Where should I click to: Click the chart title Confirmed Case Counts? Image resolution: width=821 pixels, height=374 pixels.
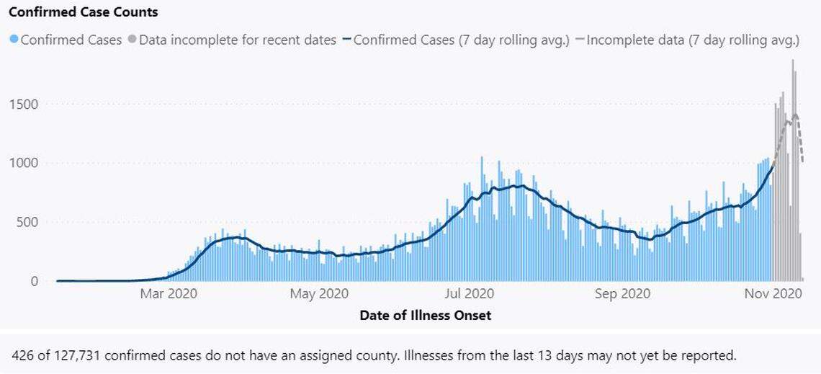click(x=84, y=12)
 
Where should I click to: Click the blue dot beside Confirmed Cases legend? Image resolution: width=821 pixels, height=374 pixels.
click(x=13, y=40)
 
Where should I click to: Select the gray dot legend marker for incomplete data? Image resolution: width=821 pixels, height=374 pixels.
click(x=132, y=40)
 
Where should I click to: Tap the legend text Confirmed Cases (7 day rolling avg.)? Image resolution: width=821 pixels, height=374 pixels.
click(x=461, y=40)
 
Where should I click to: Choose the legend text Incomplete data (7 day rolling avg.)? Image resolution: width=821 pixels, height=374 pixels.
click(x=692, y=40)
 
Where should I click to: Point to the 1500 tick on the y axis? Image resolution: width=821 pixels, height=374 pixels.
click(x=24, y=104)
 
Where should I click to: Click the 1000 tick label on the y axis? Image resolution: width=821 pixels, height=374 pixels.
click(x=24, y=164)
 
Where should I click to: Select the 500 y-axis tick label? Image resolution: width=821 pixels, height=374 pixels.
click(x=27, y=222)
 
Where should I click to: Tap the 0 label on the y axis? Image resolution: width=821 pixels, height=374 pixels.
click(x=33, y=281)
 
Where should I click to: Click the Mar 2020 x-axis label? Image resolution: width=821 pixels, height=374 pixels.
click(x=169, y=294)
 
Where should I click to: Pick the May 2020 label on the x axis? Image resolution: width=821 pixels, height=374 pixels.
click(x=318, y=294)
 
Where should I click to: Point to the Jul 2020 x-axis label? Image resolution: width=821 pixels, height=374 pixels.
click(x=469, y=294)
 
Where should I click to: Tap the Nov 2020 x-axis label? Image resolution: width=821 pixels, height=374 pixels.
click(x=772, y=294)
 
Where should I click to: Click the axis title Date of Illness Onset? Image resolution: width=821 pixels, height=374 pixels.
click(x=425, y=316)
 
